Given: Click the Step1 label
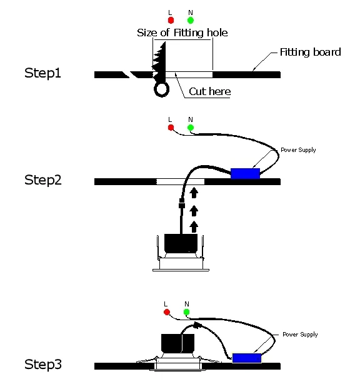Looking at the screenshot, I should (x=43, y=73).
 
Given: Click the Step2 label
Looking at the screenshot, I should (x=43, y=180).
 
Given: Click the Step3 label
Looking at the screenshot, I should (x=43, y=363).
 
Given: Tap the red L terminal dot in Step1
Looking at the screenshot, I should (x=171, y=20).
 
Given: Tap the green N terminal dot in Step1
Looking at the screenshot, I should (x=190, y=20).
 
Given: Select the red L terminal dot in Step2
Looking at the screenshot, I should (x=171, y=128).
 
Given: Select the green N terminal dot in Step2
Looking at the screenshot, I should (x=190, y=128).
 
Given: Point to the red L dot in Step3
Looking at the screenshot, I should (x=166, y=311).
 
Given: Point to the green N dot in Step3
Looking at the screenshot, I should (x=186, y=311).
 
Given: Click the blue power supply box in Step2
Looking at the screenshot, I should (x=245, y=173).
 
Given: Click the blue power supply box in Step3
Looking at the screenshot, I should (x=246, y=358).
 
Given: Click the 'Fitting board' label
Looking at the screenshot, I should (x=310, y=52).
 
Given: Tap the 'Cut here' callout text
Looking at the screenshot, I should (x=210, y=92).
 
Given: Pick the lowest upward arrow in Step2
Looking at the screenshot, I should (x=194, y=225).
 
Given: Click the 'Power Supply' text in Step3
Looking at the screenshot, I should (x=300, y=335).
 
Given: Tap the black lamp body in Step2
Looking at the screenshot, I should (x=181, y=243).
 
